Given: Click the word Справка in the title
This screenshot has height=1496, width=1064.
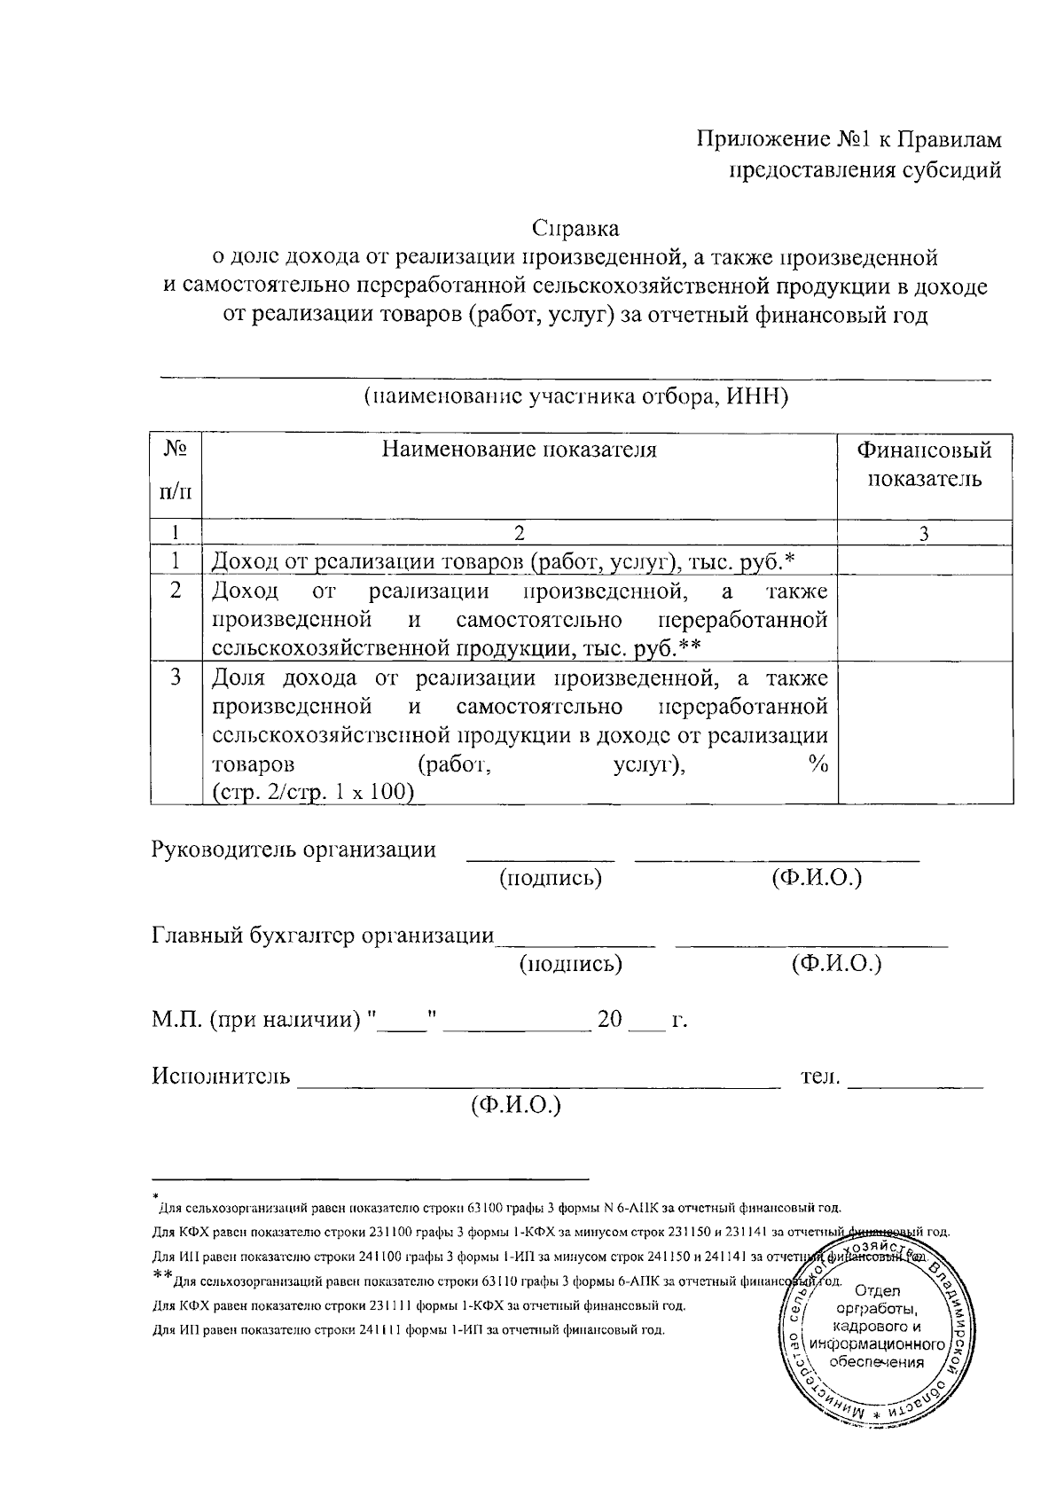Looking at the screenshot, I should click(x=575, y=228).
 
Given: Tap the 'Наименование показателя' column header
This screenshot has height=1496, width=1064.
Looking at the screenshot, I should click(x=520, y=450).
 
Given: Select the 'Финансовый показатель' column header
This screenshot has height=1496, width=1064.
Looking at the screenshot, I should click(x=924, y=465).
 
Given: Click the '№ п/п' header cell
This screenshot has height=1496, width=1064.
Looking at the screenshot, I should click(x=176, y=469).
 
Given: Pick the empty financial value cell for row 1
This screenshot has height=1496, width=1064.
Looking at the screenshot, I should click(x=924, y=560).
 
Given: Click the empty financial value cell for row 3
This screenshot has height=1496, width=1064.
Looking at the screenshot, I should click(x=924, y=732).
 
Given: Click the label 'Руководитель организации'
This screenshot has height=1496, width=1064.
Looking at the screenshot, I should click(x=294, y=850).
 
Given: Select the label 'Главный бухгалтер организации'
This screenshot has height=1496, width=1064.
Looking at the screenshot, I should click(x=323, y=936).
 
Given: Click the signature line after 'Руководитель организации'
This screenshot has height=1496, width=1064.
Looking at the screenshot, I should click(x=540, y=856).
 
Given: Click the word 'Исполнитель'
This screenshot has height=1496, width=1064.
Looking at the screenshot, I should click(x=221, y=1077).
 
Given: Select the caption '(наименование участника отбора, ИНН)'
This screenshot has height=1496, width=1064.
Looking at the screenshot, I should click(x=575, y=396).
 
